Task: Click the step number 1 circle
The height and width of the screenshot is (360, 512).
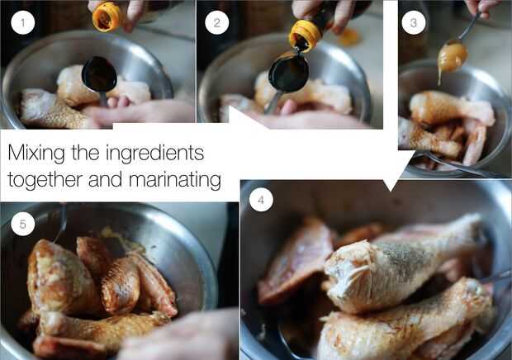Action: [22, 22]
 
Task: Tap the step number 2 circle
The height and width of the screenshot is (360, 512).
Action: [217, 22]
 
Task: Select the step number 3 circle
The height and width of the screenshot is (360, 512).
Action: [414, 22]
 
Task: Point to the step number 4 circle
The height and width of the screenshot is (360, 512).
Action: [261, 200]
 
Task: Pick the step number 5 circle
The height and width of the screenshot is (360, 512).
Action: [22, 224]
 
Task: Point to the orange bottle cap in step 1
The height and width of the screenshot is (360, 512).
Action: [107, 17]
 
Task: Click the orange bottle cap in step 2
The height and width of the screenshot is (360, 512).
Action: [305, 36]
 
